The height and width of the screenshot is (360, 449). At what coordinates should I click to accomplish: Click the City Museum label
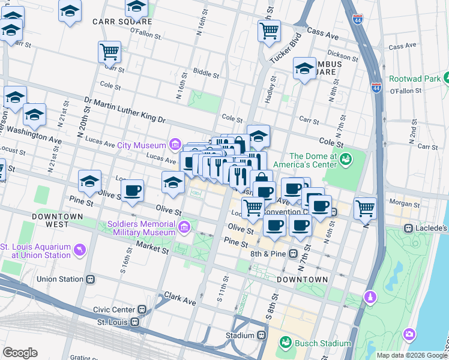click(141, 145)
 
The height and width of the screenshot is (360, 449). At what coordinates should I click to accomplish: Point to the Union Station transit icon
click(91, 279)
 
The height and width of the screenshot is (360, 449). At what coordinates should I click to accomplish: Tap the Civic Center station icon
click(142, 310)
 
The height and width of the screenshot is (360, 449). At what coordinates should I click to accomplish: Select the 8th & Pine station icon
click(293, 253)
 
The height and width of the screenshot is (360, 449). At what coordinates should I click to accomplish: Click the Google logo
click(20, 353)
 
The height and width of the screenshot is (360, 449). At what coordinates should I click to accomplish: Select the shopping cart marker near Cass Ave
click(270, 30)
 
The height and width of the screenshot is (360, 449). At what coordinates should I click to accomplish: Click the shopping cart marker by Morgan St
click(365, 208)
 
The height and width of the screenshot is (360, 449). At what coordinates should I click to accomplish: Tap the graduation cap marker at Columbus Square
click(305, 68)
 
